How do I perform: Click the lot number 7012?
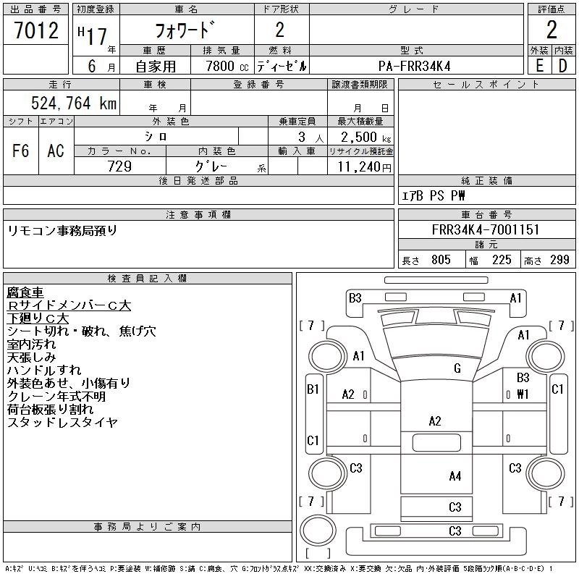pos(35,30)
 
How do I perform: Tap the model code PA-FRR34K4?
pos(415,66)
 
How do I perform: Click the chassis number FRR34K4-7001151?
pos(486,230)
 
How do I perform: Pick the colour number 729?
pos(120,166)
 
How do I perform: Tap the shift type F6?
pos(20,151)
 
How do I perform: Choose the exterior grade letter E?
pos(539,66)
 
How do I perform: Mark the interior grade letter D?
pos(563,66)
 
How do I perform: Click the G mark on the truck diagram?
pos(457,368)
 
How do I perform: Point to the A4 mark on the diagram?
pos(455,476)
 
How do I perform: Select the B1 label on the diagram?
pos(313,389)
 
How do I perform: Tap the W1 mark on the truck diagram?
pos(523,394)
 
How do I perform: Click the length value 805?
pos(440,260)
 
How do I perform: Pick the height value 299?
pos(559,260)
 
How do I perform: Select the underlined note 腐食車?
pos(25,292)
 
